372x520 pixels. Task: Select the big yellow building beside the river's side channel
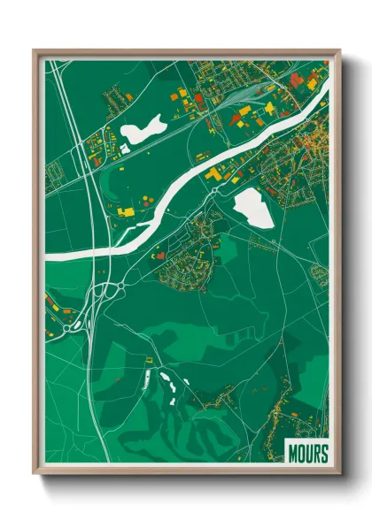tap(215, 175)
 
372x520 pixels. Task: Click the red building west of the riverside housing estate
tap(162, 255)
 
